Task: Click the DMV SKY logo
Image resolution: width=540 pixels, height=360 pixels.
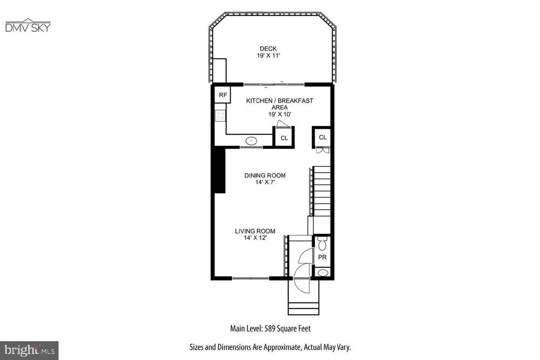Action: click(28, 26)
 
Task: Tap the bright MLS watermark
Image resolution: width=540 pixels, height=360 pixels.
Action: click(29, 350)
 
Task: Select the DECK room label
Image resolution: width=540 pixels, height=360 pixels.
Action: click(268, 49)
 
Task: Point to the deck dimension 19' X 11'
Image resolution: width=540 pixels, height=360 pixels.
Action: click(268, 56)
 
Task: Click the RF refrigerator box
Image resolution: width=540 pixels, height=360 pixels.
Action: click(223, 95)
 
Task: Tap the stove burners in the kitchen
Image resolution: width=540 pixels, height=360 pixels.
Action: click(220, 116)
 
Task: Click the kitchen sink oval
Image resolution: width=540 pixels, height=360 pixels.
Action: click(251, 141)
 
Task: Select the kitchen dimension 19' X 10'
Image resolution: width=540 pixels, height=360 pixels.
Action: click(279, 114)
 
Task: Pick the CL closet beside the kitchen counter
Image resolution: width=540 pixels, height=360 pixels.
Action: click(284, 138)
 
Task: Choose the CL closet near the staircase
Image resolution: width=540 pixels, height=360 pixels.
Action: click(323, 137)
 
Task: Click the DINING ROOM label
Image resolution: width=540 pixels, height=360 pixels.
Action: click(265, 175)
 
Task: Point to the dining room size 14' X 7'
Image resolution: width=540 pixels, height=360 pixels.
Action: click(265, 182)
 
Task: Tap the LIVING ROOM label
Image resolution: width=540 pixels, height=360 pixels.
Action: click(255, 231)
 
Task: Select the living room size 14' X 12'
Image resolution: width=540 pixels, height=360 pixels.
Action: click(255, 238)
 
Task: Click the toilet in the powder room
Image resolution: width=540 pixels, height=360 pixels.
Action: click(322, 244)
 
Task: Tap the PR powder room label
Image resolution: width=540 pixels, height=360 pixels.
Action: click(322, 257)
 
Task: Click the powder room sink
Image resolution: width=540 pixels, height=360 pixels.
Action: click(323, 272)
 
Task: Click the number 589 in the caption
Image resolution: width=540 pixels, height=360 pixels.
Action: click(270, 329)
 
